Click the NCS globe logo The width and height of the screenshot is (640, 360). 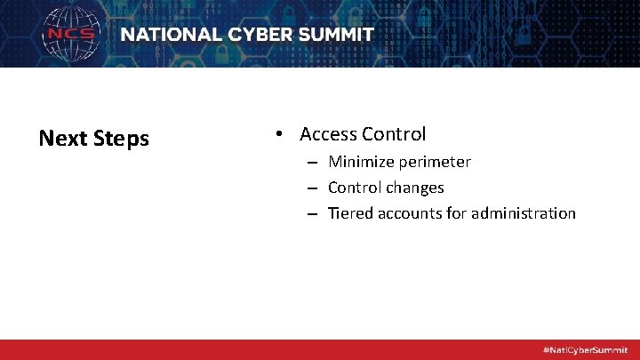[x=72, y=35]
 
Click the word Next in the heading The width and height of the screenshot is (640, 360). [x=61, y=139]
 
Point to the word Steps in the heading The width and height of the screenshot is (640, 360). [x=119, y=140]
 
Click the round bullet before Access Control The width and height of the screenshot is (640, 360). [x=278, y=134]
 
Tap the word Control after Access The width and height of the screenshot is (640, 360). [x=394, y=134]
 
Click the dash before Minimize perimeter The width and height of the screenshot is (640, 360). [x=314, y=163]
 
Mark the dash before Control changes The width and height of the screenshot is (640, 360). [x=314, y=188]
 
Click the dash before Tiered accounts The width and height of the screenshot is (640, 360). [x=314, y=214]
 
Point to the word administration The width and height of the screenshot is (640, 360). [x=524, y=213]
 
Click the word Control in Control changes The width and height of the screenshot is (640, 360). [x=356, y=188]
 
